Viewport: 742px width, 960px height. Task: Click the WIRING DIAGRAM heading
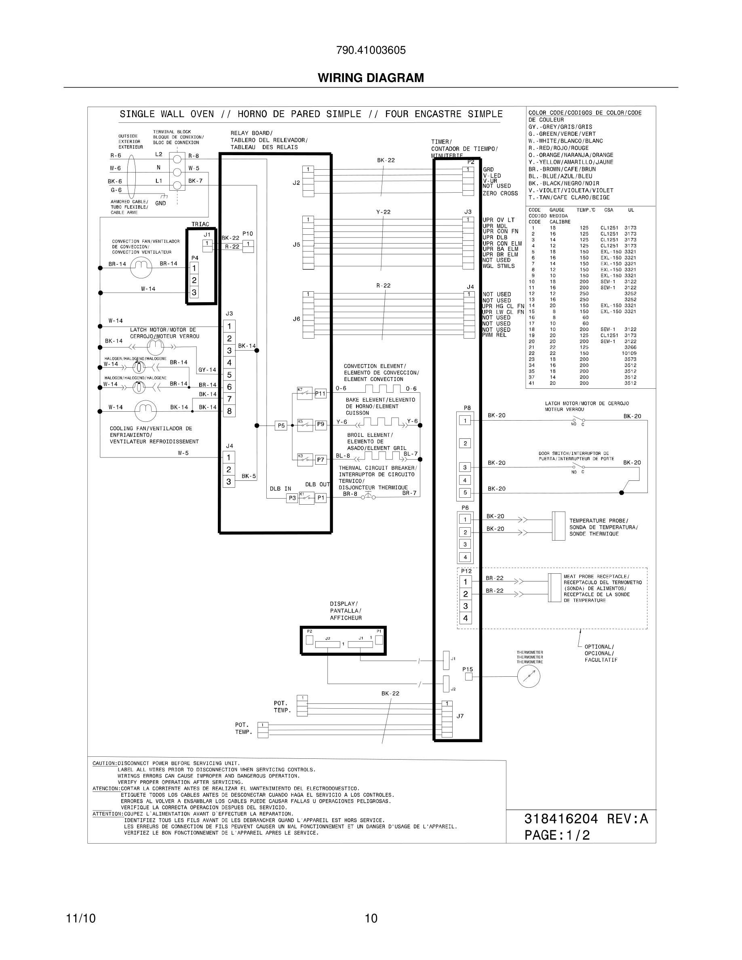tap(371, 78)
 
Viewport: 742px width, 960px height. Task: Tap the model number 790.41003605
tap(371, 50)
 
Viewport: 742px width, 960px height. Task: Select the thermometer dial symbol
tap(528, 676)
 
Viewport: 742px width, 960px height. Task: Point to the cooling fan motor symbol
tap(145, 411)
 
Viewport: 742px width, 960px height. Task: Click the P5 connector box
tap(281, 425)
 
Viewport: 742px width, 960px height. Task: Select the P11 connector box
tap(320, 394)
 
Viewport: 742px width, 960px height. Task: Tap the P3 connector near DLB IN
tap(292, 498)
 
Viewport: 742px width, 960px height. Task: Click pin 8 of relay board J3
tap(229, 411)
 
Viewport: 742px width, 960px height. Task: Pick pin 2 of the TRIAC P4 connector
tap(194, 280)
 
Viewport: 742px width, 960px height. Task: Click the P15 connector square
tap(468, 677)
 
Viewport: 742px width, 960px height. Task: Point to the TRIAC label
tap(200, 224)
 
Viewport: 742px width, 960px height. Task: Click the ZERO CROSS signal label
tap(500, 194)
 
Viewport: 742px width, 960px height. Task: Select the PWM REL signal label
tap(494, 335)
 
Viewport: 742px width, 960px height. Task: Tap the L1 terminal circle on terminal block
tap(177, 185)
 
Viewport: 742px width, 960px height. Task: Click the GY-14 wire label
tap(207, 370)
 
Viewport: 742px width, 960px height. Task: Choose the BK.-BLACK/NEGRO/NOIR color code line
tap(563, 183)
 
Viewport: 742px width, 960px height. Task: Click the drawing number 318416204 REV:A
tap(586, 819)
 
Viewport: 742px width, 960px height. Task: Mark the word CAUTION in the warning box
tap(104, 764)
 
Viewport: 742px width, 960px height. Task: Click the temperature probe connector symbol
tap(558, 526)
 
